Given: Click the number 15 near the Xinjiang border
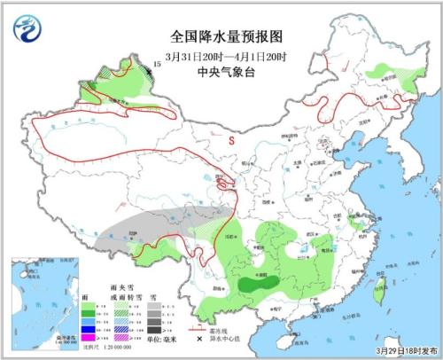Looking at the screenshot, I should pyautogui.click(x=157, y=65).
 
